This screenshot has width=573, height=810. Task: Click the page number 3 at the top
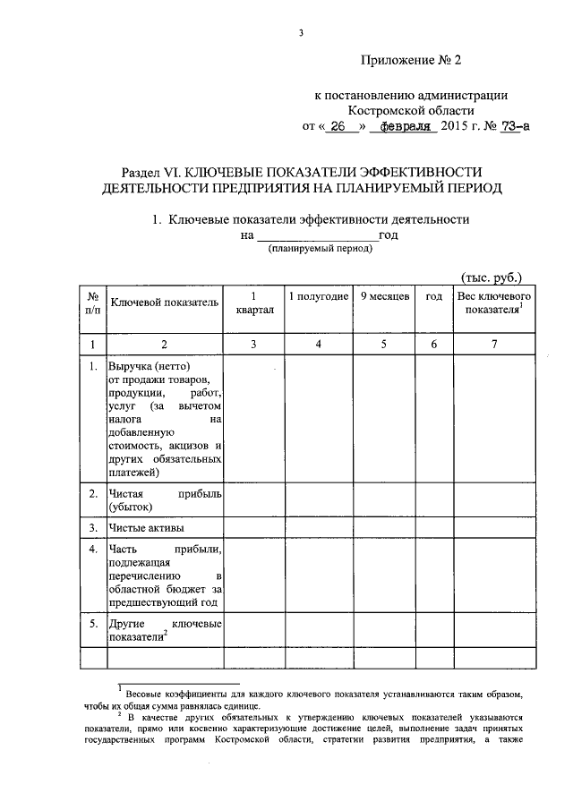point(302,34)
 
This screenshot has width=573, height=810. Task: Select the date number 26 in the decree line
point(337,127)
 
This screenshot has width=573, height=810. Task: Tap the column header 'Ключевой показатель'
point(165,303)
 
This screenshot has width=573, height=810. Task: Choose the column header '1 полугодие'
point(318,296)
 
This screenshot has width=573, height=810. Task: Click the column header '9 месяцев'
point(385,296)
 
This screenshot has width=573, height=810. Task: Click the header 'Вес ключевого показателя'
point(495,303)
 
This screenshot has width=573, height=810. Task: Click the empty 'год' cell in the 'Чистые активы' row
point(434,527)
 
